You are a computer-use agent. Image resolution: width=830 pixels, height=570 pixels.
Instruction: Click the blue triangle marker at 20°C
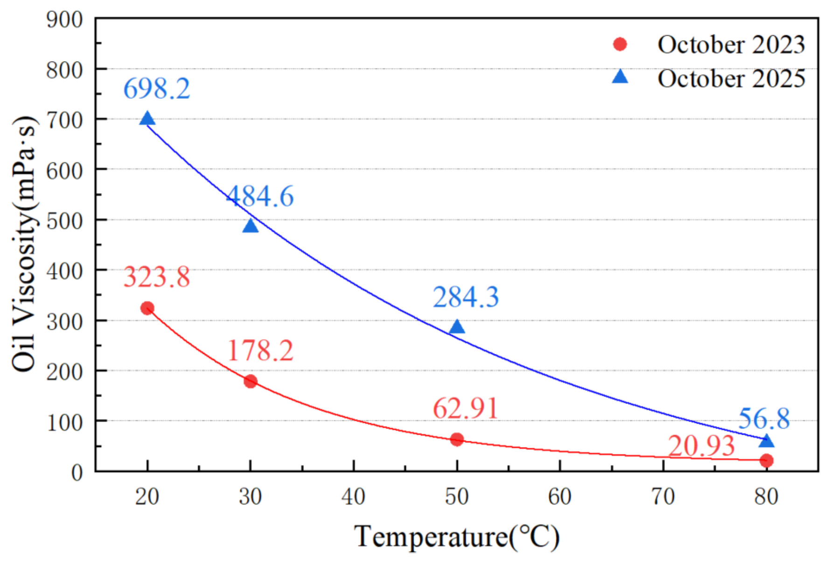147,119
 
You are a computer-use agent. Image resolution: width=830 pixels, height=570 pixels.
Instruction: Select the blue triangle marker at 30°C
251,226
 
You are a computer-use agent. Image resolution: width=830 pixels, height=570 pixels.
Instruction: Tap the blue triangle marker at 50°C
457,327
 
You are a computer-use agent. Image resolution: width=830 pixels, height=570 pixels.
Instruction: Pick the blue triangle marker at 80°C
766,441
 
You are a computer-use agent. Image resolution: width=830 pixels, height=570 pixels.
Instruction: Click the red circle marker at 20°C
147,308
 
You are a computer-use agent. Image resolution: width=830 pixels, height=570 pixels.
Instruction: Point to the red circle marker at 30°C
251,381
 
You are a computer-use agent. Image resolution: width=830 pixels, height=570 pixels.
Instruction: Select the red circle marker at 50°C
457,439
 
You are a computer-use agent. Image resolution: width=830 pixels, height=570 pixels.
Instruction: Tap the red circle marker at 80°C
766,460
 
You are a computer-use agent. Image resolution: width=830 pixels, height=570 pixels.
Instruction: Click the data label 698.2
157,88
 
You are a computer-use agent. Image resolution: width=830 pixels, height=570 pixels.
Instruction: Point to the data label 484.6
260,196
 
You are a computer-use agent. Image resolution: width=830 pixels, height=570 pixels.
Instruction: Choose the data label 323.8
157,277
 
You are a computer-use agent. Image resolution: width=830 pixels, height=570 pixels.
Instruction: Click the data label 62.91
466,408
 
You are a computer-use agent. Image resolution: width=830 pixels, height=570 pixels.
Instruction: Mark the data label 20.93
701,446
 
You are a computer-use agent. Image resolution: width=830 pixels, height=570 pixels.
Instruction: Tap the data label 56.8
764,419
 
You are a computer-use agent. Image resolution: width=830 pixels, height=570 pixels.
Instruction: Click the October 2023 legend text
731,45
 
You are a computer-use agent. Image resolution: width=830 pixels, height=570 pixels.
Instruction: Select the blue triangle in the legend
620,76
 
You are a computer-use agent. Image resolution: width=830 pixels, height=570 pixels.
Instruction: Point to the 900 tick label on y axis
65,20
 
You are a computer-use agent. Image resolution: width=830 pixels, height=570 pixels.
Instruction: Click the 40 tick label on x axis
353,497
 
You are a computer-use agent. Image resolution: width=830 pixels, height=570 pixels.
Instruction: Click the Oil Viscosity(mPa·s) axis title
24,244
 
